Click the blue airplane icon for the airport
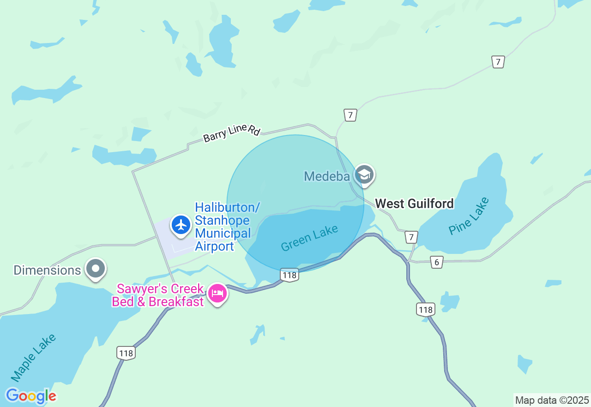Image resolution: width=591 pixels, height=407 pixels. [x=181, y=225]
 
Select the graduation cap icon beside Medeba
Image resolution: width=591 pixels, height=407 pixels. [x=364, y=175]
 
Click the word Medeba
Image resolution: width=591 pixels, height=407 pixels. [x=326, y=176]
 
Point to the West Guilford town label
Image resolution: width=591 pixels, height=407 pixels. [x=414, y=203]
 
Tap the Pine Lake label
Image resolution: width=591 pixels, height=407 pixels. [x=468, y=216]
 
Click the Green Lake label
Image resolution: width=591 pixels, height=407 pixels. [x=309, y=238]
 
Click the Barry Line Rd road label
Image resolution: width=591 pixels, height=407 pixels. [x=232, y=133]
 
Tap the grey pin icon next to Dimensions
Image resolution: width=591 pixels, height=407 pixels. [x=96, y=268]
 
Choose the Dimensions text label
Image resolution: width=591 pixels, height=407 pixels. [x=47, y=270]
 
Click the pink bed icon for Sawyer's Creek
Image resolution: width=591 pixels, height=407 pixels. [x=217, y=293]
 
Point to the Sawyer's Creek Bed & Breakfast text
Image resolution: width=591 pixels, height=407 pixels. [x=160, y=296]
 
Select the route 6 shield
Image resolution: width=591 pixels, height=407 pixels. [x=437, y=262]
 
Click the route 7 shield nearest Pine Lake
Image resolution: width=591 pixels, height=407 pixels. [x=411, y=237]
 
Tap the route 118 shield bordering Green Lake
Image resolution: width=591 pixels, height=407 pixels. [x=289, y=275]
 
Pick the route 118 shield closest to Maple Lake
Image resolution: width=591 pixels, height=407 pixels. [x=126, y=353]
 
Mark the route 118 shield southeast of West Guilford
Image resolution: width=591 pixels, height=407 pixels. [x=425, y=309]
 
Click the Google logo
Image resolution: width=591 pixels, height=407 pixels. [x=31, y=396]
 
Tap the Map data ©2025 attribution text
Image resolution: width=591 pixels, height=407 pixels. [x=552, y=400]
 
